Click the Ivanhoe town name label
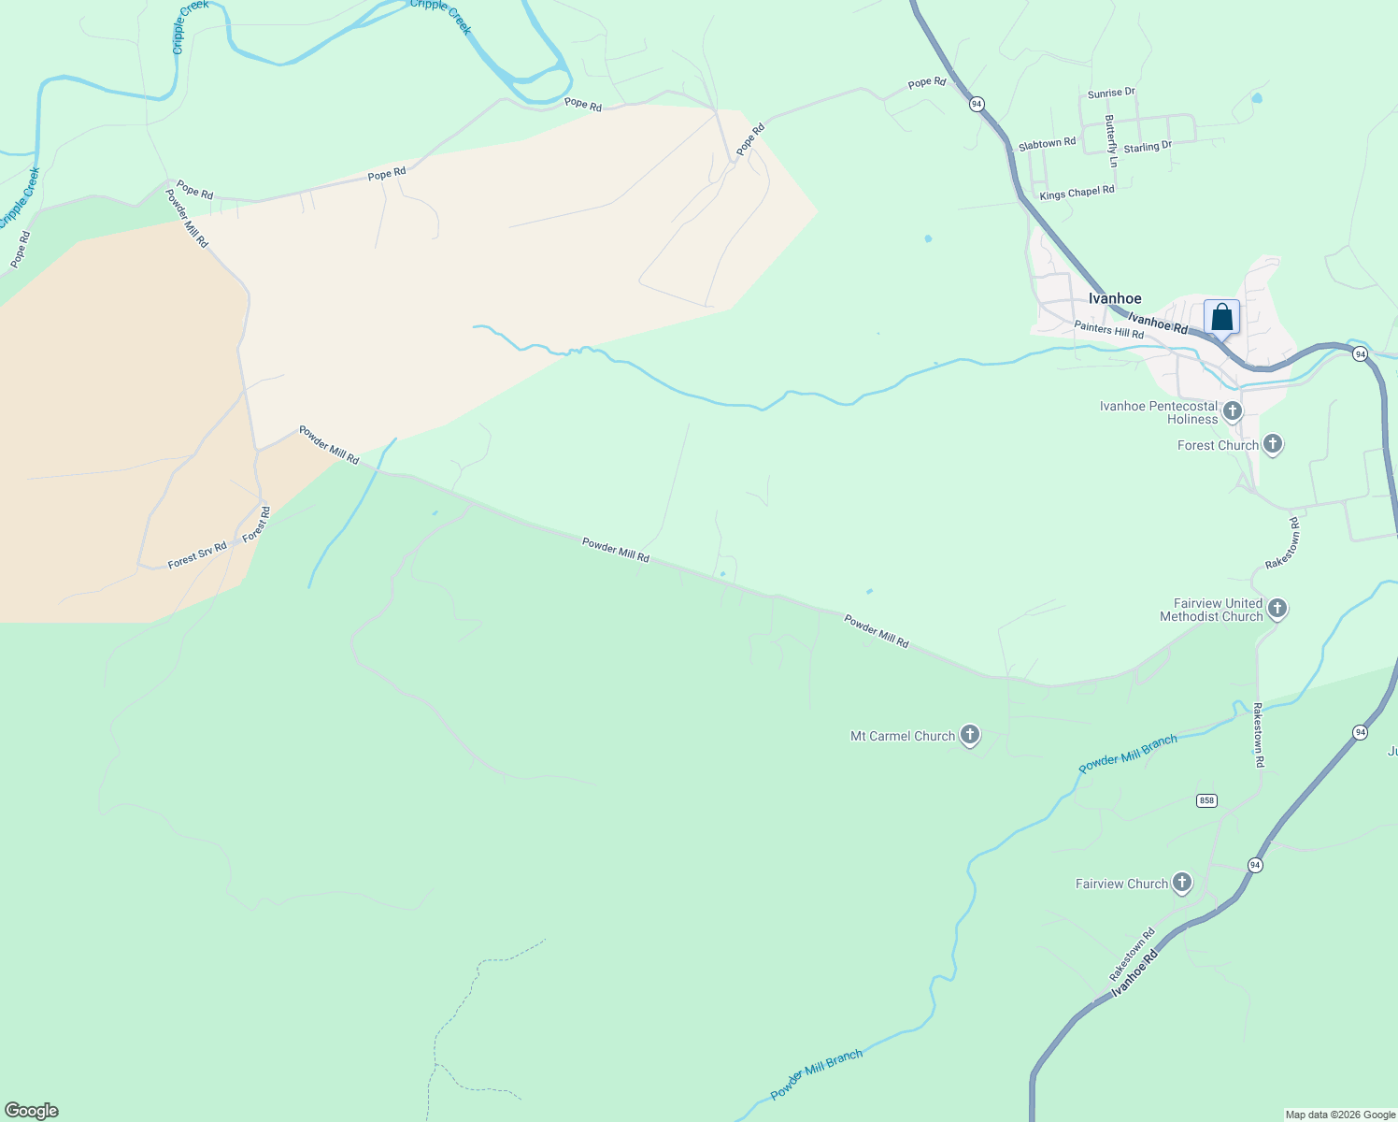click(1115, 299)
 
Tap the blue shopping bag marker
click(1221, 317)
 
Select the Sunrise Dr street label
click(1111, 93)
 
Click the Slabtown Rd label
click(1047, 144)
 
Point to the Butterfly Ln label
click(1110, 141)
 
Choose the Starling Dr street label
click(1148, 148)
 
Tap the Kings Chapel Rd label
click(1077, 193)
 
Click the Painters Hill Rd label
click(1108, 329)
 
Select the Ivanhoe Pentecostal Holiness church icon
click(1233, 411)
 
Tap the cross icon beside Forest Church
click(1272, 444)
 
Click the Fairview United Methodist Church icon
click(1277, 609)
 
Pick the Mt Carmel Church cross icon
click(970, 735)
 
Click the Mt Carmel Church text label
click(903, 736)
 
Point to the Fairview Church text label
click(1121, 884)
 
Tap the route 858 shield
click(1206, 800)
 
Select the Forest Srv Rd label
click(197, 555)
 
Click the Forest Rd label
click(256, 525)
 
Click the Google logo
click(32, 1111)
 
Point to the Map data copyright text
click(1340, 1115)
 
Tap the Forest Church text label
click(1218, 445)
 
